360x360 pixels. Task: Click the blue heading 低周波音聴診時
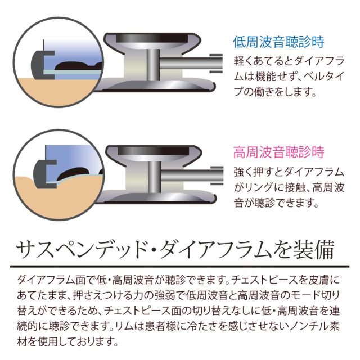279,42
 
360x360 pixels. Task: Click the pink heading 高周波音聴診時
279,152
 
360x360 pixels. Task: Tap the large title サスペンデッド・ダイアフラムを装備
175,250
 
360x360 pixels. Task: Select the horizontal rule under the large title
179,267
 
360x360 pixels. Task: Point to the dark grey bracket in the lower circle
39,174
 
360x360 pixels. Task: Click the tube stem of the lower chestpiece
192,175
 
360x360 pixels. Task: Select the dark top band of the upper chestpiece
152,38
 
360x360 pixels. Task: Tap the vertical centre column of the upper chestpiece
153,65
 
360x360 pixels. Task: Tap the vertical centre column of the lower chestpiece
154,177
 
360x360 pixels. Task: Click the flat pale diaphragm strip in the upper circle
73,72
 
